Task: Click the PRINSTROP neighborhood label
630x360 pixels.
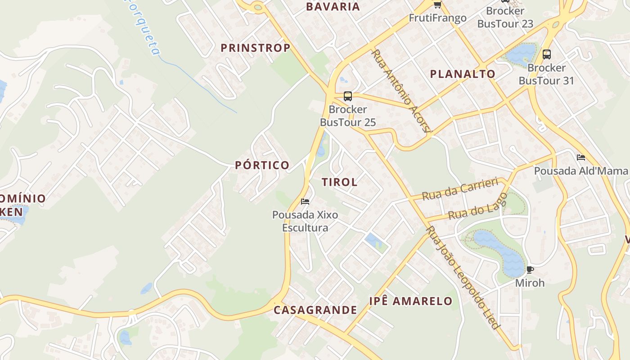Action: click(255, 48)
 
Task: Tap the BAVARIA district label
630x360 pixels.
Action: click(333, 7)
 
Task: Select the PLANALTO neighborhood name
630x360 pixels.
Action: click(463, 74)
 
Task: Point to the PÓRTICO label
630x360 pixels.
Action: click(262, 165)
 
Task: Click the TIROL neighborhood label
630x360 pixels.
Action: click(340, 182)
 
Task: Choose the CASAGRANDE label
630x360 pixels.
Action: click(315, 310)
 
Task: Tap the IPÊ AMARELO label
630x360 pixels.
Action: click(411, 301)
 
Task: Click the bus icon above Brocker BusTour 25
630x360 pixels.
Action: click(348, 96)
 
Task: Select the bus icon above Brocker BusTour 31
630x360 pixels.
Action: click(547, 54)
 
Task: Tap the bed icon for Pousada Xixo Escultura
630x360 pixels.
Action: click(305, 201)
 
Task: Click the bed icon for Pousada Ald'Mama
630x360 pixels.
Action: click(581, 157)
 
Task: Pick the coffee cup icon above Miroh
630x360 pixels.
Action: click(530, 270)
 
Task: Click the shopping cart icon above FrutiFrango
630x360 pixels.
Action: click(437, 4)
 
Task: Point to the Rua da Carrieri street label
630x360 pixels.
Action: click(460, 189)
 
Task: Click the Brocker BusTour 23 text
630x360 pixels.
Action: click(505, 17)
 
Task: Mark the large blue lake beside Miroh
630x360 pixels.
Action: click(499, 252)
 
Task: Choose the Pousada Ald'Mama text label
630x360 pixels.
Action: click(580, 171)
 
